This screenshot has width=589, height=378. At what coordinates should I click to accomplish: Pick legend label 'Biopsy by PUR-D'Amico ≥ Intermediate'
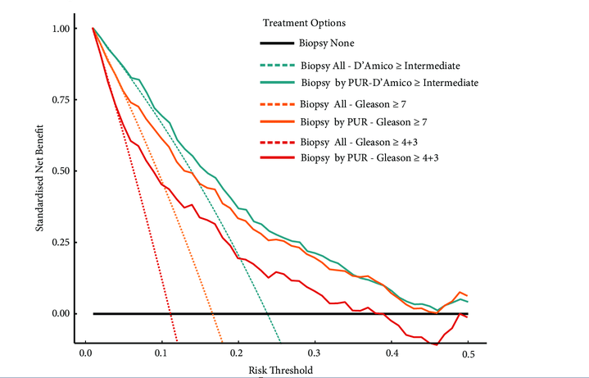click(389, 83)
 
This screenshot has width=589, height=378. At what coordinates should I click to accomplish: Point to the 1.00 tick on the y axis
click(61, 29)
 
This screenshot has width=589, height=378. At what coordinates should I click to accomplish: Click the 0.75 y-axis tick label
click(61, 100)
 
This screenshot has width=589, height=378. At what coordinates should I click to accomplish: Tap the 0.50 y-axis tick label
click(61, 171)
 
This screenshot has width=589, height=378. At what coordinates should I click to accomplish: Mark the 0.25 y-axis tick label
click(61, 243)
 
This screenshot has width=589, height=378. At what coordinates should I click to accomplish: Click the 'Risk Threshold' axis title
click(280, 371)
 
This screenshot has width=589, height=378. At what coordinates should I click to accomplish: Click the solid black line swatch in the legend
click(271, 43)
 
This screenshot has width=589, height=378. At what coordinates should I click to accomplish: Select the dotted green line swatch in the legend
click(271, 65)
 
